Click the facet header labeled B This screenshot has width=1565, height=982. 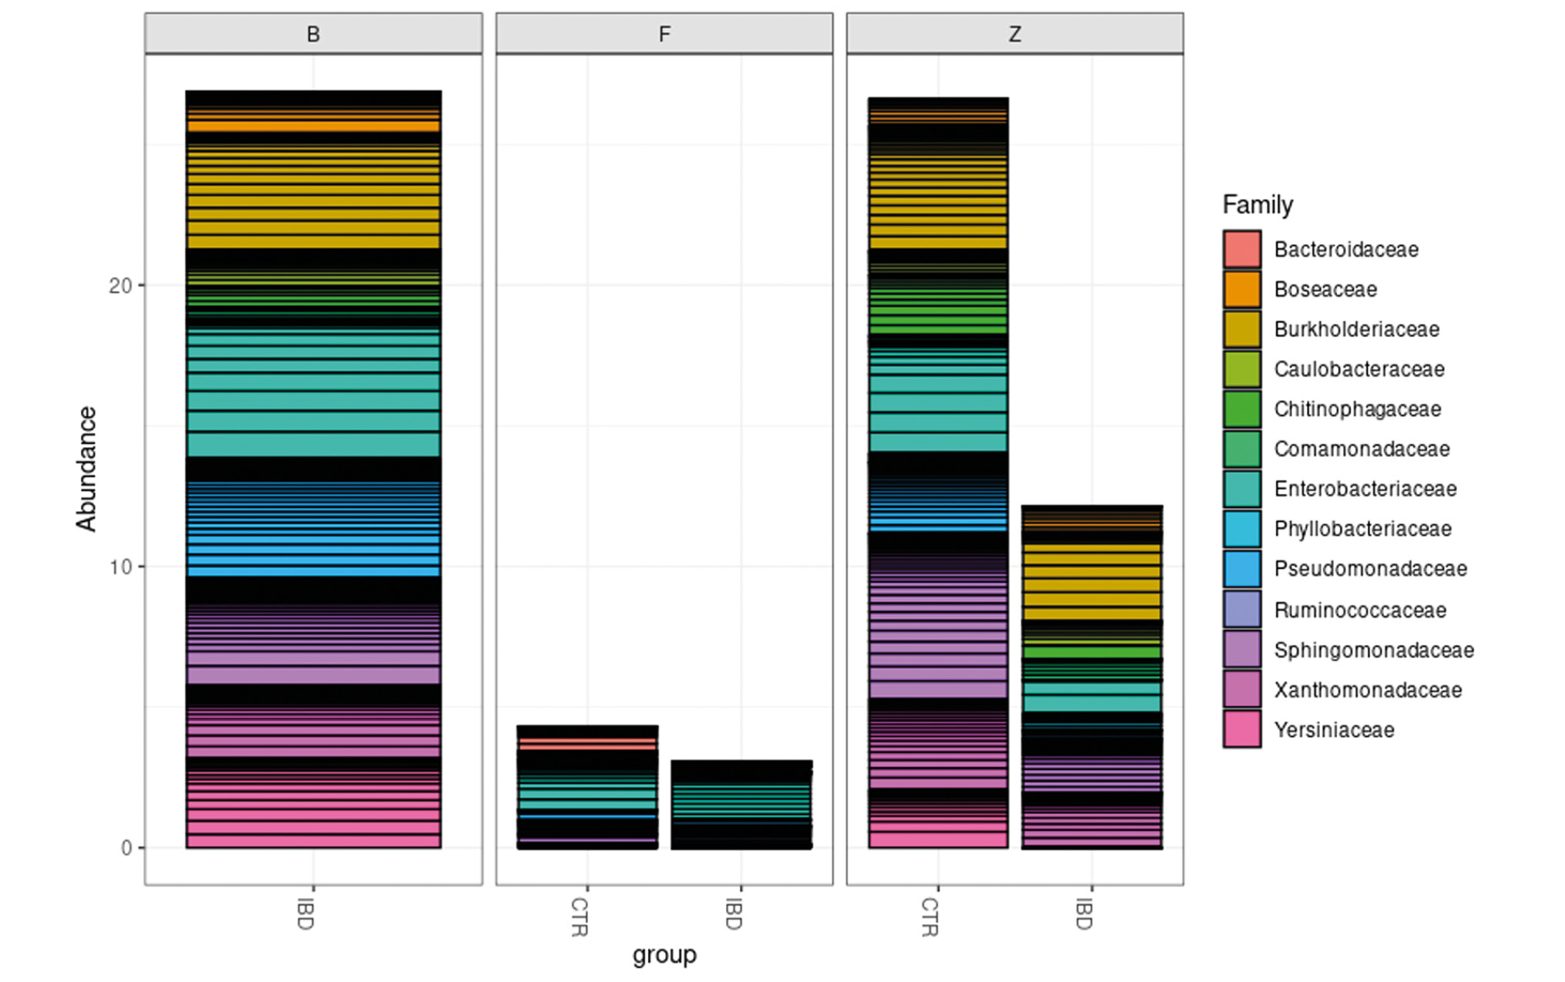313,34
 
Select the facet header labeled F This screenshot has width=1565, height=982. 664,34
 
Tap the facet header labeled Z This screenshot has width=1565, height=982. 1015,34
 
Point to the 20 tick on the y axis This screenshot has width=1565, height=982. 121,286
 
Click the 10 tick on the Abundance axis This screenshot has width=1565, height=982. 121,567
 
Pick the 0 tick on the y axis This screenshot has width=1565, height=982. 126,849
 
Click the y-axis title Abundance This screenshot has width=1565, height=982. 86,469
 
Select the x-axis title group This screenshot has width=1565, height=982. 664,954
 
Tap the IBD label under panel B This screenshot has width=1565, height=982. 306,914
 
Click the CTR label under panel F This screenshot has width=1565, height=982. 579,916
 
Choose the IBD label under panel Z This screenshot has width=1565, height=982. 1084,914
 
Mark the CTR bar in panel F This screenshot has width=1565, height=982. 587,787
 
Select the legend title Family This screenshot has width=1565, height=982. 1258,205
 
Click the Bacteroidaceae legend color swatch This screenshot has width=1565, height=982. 1242,249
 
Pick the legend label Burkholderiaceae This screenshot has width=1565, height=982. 1356,329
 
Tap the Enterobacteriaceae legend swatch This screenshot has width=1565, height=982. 1242,489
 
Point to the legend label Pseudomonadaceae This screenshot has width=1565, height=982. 1370,569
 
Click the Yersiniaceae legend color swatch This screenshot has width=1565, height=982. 1242,729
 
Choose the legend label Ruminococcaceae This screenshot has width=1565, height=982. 1360,610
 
